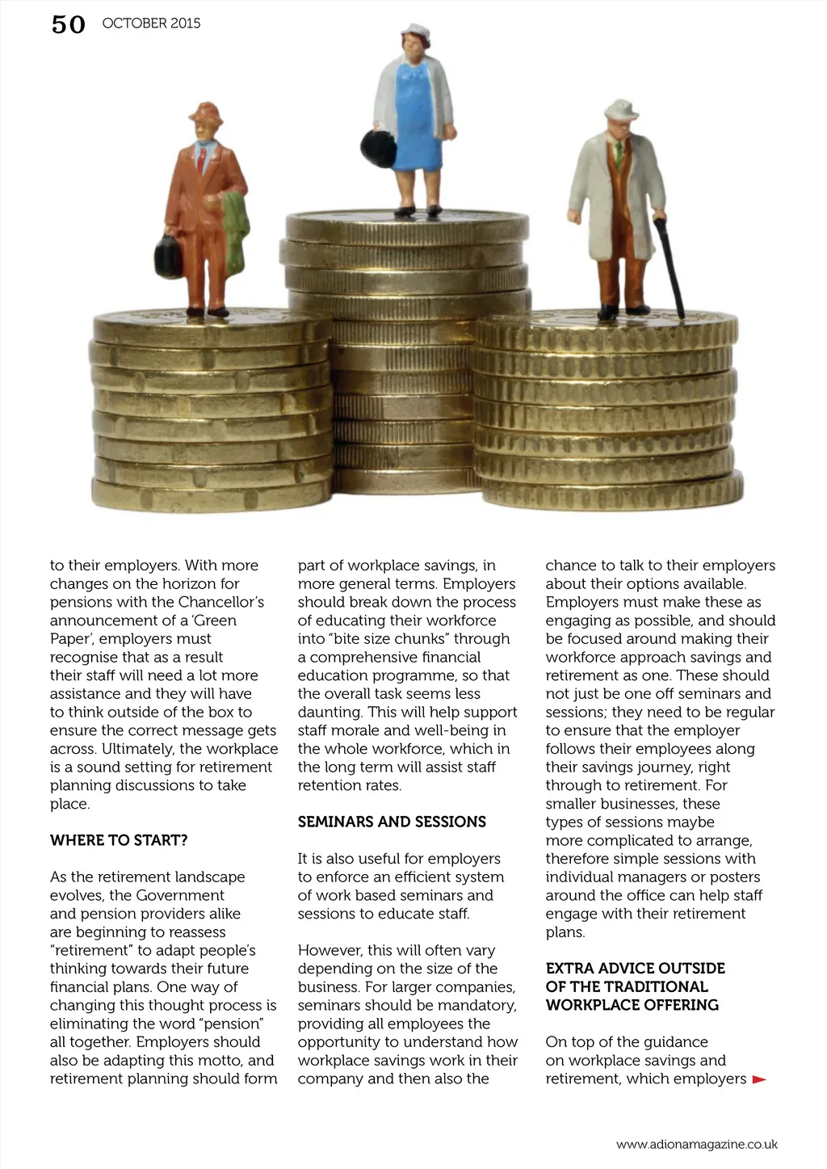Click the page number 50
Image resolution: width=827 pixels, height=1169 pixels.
click(68, 25)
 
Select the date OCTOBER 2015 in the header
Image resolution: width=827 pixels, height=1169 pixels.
click(151, 23)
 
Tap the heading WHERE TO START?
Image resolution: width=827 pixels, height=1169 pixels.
click(119, 840)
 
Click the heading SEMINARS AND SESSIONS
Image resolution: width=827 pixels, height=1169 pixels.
click(392, 822)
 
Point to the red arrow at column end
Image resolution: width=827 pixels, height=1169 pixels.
click(758, 1079)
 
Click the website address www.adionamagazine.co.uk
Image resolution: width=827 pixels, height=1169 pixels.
click(696, 1144)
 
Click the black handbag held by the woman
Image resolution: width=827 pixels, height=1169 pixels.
click(376, 145)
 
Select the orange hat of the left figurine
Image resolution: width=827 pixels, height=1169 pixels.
click(206, 113)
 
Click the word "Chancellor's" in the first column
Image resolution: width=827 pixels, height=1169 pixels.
click(220, 602)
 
